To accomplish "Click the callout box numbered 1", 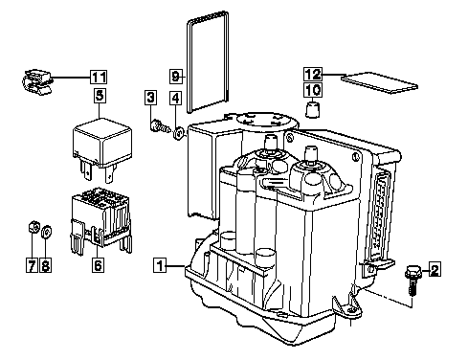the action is [x=160, y=265].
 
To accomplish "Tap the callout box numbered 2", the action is [x=435, y=269].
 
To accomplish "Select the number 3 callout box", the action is [x=150, y=98].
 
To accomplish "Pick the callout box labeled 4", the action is [x=175, y=98].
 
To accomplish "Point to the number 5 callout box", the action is [x=100, y=96].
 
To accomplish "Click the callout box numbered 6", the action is [x=98, y=265].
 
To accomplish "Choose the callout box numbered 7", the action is [x=32, y=265].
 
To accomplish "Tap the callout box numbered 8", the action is [x=46, y=265].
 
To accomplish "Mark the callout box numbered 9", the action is [x=176, y=77].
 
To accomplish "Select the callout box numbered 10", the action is [x=313, y=90].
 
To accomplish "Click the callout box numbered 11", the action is [x=99, y=77].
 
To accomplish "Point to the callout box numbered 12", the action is [x=313, y=74].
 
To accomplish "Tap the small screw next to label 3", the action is [x=160, y=125].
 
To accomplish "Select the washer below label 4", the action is [x=179, y=133].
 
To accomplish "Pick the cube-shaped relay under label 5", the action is [x=102, y=148].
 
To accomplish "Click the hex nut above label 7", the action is [x=33, y=227].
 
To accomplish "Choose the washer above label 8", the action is [x=47, y=232].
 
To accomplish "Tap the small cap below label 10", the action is [x=313, y=109].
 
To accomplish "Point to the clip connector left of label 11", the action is [x=36, y=81].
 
